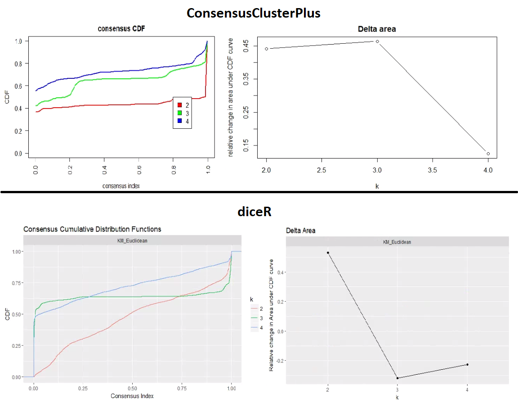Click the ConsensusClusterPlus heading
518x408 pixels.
[x=254, y=13]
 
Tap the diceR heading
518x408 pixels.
[x=254, y=212]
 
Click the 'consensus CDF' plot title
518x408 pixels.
[x=121, y=29]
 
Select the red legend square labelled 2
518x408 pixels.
[x=179, y=105]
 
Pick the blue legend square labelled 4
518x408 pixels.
[x=179, y=121]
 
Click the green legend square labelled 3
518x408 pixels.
[x=179, y=113]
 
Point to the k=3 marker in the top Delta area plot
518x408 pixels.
[x=377, y=41]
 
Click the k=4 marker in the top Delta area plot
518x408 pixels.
[x=488, y=154]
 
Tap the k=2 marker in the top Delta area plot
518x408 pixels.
[x=267, y=49]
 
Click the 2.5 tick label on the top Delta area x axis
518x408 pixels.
[x=322, y=171]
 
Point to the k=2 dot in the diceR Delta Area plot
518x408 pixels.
[x=328, y=253]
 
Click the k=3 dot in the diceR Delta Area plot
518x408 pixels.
[x=397, y=378]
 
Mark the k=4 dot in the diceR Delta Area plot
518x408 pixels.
[x=467, y=364]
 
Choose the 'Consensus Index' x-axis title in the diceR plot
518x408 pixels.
[x=132, y=396]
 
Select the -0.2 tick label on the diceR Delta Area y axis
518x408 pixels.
[x=277, y=360]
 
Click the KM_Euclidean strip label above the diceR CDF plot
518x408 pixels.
[x=132, y=240]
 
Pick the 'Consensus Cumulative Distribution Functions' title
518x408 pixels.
[x=92, y=229]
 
